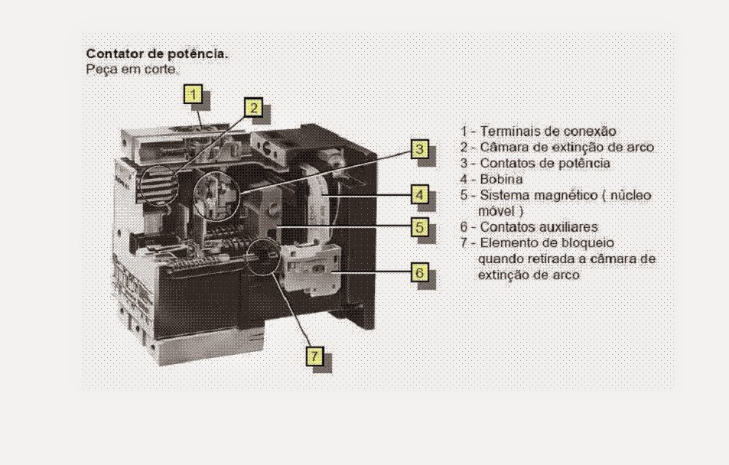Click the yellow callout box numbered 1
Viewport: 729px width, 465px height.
[x=194, y=95]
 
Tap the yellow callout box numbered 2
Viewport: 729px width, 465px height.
[x=253, y=107]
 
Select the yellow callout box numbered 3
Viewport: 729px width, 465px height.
[x=418, y=148]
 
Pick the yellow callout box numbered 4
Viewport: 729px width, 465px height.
[x=418, y=194]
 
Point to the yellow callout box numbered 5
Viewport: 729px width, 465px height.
[x=418, y=226]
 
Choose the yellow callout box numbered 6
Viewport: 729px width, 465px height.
[x=418, y=272]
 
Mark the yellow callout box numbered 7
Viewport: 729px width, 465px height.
[x=314, y=356]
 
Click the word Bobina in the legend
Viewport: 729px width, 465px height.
[x=502, y=179]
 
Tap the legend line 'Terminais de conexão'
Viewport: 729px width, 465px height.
[x=548, y=131]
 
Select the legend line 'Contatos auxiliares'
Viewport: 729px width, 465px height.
[x=539, y=227]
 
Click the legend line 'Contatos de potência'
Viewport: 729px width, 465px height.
[x=545, y=163]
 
